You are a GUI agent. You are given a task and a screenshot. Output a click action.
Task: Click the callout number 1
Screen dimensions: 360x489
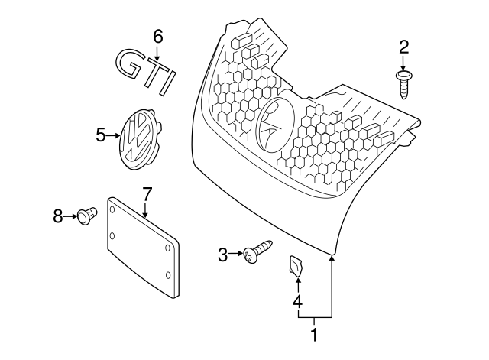[x=312, y=334]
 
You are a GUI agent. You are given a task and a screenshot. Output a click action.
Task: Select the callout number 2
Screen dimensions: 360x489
[x=403, y=47]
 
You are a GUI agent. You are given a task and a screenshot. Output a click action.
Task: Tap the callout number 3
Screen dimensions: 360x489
[x=223, y=255]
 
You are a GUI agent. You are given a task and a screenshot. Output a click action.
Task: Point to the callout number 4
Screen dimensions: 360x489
[x=296, y=302]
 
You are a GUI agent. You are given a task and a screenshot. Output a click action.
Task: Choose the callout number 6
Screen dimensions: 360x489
[x=157, y=36]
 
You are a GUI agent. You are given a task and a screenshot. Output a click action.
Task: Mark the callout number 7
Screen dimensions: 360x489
[x=147, y=194]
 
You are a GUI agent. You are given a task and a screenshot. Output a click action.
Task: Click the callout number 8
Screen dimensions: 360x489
[x=58, y=217]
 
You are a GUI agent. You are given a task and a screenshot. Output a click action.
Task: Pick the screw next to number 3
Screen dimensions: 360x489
[x=257, y=251]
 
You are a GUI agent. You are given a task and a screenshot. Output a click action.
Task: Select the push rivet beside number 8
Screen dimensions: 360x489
[x=87, y=217]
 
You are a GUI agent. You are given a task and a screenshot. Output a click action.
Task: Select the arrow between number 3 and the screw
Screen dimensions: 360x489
[x=236, y=255]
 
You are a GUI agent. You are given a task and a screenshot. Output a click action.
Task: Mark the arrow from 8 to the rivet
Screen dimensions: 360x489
[x=70, y=217]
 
